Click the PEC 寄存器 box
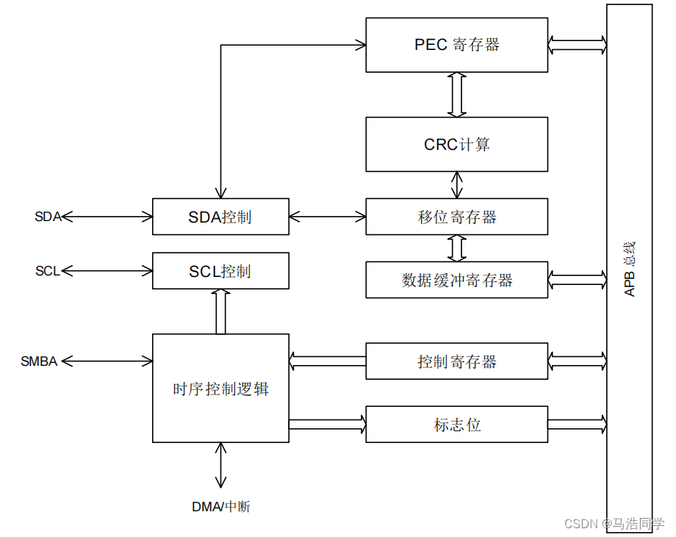point(456,45)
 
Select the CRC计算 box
point(456,144)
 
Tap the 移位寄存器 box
point(456,217)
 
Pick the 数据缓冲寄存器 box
point(456,280)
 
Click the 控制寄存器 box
point(456,361)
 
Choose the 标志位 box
point(456,425)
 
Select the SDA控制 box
point(220,217)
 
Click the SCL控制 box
point(220,271)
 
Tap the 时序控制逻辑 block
point(220,389)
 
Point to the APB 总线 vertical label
point(630,269)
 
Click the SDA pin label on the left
point(48,217)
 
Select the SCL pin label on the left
point(47,271)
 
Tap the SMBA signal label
point(39,361)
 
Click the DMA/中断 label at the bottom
point(220,507)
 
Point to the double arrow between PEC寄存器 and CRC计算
point(457,94)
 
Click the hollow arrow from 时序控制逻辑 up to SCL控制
point(220,311)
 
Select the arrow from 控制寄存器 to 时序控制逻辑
point(327,361)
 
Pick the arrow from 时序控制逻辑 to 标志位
point(327,424)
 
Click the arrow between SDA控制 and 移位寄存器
point(327,217)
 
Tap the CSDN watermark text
point(614,524)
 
